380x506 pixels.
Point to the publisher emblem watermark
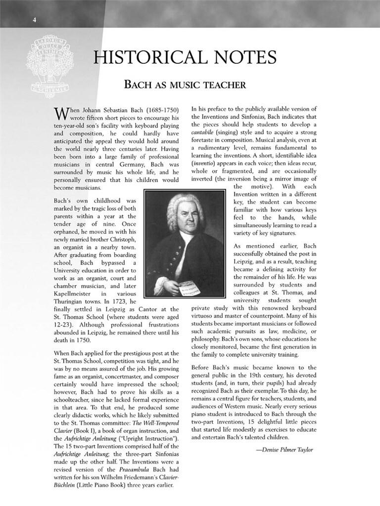(x=50, y=66)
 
